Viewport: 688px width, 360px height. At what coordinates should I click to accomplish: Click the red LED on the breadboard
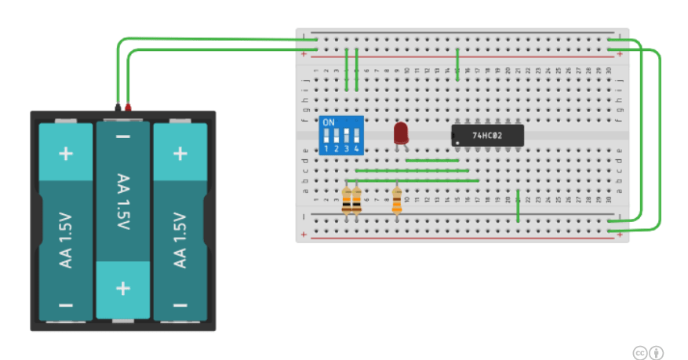pos(401,133)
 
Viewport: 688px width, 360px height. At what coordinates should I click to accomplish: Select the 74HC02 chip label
pos(487,135)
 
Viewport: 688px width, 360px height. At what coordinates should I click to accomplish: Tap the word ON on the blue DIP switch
pos(329,123)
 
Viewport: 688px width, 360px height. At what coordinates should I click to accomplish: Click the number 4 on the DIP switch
pos(356,148)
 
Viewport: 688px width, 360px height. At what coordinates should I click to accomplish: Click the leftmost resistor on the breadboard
pos(347,201)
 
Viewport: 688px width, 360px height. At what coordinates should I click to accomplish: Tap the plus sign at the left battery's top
pos(66,152)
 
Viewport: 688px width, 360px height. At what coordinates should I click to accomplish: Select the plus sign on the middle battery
pos(123,288)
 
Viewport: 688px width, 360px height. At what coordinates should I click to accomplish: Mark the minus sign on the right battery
pos(180,304)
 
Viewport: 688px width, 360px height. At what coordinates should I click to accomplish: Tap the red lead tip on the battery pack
pos(128,105)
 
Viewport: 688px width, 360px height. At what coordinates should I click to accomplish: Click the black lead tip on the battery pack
pos(118,105)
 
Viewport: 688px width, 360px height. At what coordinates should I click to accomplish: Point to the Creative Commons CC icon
pos(639,353)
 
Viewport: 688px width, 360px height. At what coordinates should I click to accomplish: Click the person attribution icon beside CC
pos(657,353)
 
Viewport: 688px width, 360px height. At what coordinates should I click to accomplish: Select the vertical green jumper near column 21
pos(519,205)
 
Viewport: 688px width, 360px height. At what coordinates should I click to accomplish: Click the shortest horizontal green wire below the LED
pos(431,160)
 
